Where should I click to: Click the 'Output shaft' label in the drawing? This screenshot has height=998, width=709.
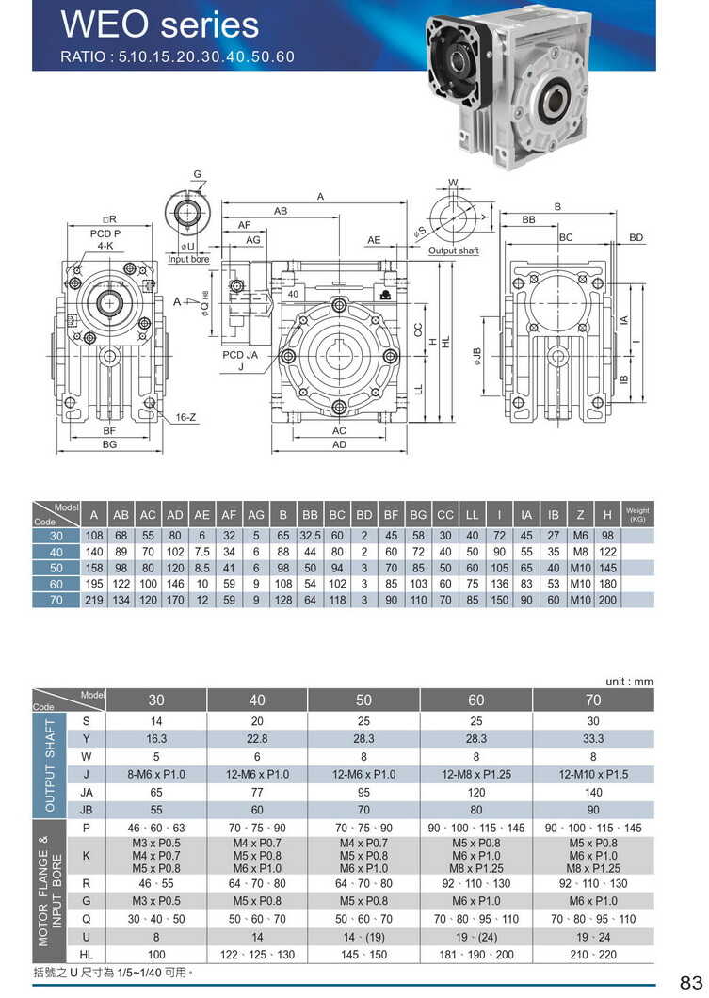tap(454, 251)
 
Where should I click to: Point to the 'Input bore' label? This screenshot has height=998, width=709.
tap(188, 259)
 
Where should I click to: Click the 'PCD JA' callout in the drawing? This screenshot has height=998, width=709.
tap(239, 356)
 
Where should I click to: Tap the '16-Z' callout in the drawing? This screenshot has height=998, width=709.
tap(185, 416)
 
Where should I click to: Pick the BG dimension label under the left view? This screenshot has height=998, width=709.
tap(109, 443)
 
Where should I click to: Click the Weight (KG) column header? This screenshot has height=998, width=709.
tap(637, 514)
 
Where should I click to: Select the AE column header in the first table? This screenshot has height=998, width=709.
tap(202, 515)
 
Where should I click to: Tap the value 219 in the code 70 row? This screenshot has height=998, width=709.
tap(94, 600)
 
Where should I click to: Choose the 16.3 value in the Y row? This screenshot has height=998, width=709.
tap(156, 738)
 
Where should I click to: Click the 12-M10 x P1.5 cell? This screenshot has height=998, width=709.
tap(593, 774)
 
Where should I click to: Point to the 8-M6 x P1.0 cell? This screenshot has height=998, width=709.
tap(156, 774)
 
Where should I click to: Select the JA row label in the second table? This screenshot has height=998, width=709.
tap(87, 792)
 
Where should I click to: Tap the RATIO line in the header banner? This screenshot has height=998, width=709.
tap(178, 56)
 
